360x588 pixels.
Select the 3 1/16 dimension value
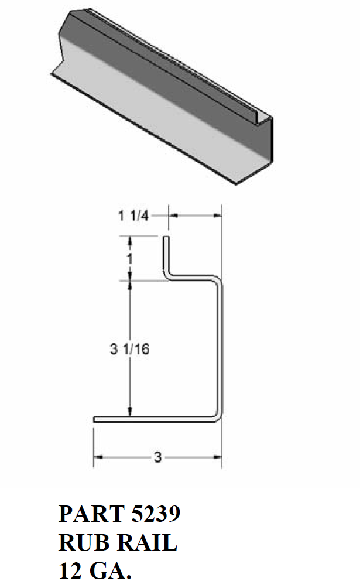coord(130,350)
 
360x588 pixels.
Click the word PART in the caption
coord(87,514)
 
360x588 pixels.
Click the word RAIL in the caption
coord(146,543)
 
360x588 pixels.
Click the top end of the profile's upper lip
coord(166,238)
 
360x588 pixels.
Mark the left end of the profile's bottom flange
coord(95,419)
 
